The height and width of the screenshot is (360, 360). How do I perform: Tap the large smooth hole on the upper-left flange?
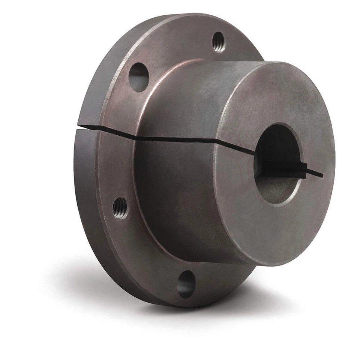pyautogui.click(x=138, y=77)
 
